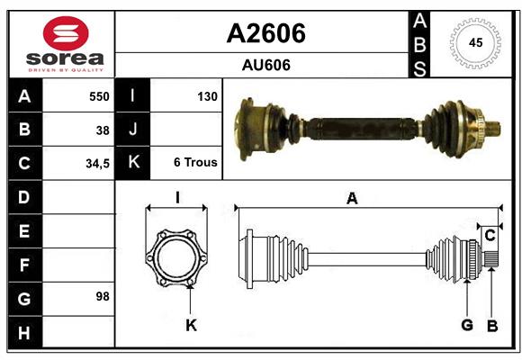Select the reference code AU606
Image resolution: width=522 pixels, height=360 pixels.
point(265,65)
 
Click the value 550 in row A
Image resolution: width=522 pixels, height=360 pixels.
point(98,96)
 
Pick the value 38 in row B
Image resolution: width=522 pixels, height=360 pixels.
point(103,130)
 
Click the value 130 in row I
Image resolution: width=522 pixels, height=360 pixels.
point(207,96)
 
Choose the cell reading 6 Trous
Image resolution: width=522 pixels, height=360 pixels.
point(195,163)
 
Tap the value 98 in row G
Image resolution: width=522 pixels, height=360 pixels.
point(103,296)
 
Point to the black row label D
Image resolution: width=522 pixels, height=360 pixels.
point(24,197)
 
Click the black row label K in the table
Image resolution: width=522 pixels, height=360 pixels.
point(133,163)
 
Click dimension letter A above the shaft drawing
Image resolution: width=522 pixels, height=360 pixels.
point(352,199)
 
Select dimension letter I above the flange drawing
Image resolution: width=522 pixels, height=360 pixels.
point(177,198)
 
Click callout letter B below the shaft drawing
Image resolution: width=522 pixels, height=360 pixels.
point(491,326)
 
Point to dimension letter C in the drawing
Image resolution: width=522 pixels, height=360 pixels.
point(490,236)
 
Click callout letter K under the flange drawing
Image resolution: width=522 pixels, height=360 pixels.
point(191,325)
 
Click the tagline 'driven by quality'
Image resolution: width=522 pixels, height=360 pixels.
point(67,69)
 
